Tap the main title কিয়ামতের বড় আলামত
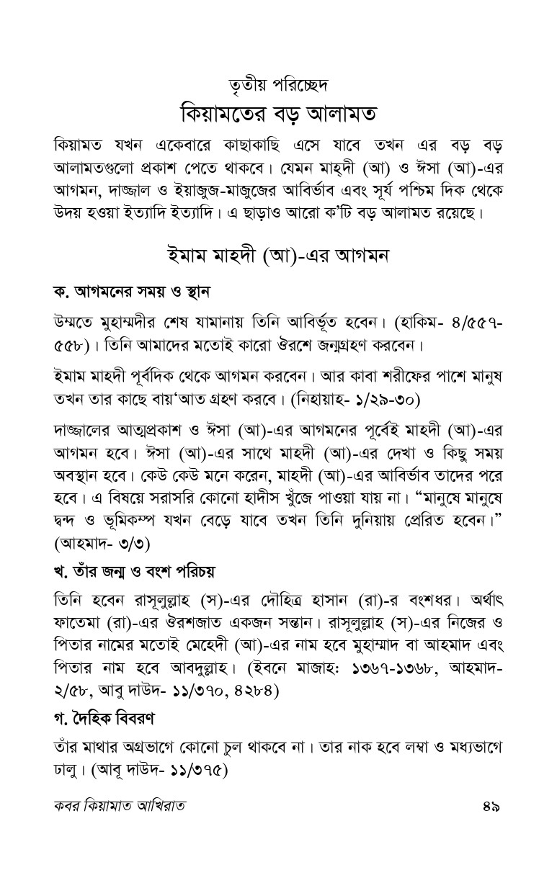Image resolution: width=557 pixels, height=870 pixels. (278, 114)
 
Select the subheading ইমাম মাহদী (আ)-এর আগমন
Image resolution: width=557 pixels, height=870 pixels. (278, 257)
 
